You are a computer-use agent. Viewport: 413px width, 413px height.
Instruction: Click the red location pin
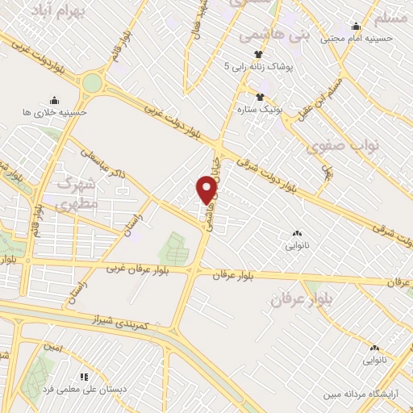[x=207, y=190]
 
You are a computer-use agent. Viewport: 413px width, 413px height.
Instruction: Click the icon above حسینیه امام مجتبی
[x=356, y=25]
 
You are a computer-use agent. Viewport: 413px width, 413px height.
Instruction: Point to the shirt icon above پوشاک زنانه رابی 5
[x=259, y=53]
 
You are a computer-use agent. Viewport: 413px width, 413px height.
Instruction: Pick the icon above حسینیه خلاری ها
[x=54, y=100]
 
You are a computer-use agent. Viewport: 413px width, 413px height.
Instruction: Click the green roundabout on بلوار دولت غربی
[x=93, y=82]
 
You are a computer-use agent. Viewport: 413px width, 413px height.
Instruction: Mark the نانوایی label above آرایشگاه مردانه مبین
[x=374, y=359]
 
